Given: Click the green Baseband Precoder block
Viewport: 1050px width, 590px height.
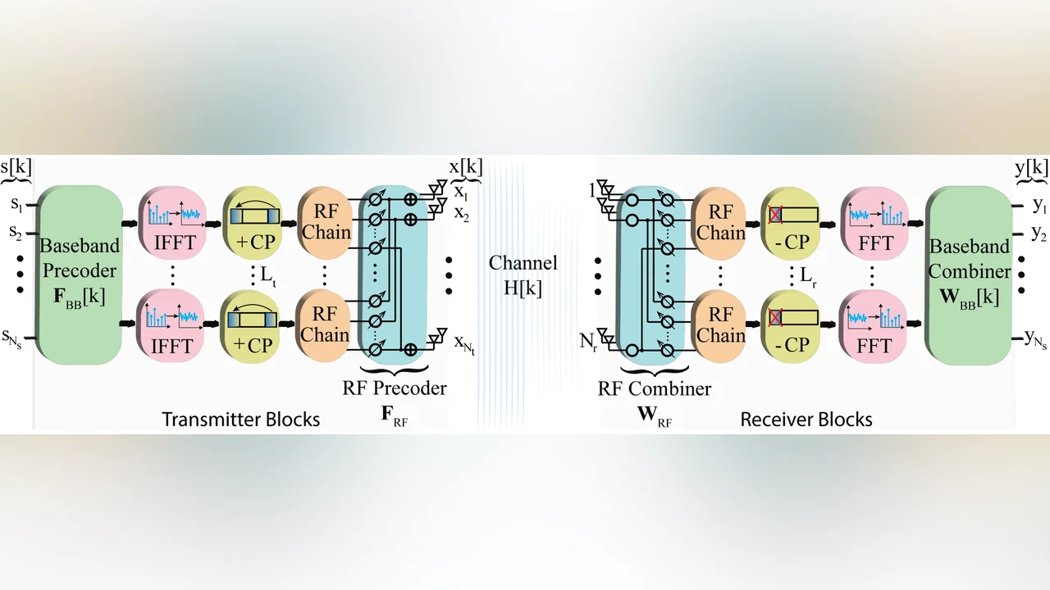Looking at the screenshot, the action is click(x=80, y=275).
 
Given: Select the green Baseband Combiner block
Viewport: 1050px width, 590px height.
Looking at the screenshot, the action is click(x=969, y=275).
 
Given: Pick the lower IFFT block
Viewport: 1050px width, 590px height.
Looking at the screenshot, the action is click(x=171, y=326).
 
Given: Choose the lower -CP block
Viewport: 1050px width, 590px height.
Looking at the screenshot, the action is click(x=790, y=327).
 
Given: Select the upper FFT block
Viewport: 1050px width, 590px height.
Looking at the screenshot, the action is click(x=874, y=224).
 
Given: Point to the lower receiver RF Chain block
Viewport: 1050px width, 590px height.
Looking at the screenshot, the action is click(x=719, y=327).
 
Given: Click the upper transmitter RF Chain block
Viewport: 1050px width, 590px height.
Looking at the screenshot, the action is click(x=325, y=223).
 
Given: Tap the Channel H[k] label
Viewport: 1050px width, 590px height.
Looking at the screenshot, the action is click(x=523, y=275).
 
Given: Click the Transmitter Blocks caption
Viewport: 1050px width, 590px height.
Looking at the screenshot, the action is click(x=241, y=419).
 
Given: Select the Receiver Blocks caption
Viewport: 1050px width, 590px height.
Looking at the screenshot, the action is click(x=806, y=419).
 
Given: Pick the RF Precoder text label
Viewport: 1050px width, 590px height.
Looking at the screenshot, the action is click(x=395, y=388).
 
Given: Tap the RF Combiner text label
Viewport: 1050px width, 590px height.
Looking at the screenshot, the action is click(x=655, y=388).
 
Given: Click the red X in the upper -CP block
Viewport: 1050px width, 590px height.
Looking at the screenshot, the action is click(x=775, y=215).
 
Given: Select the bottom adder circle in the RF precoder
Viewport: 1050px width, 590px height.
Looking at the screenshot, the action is click(x=410, y=349).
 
